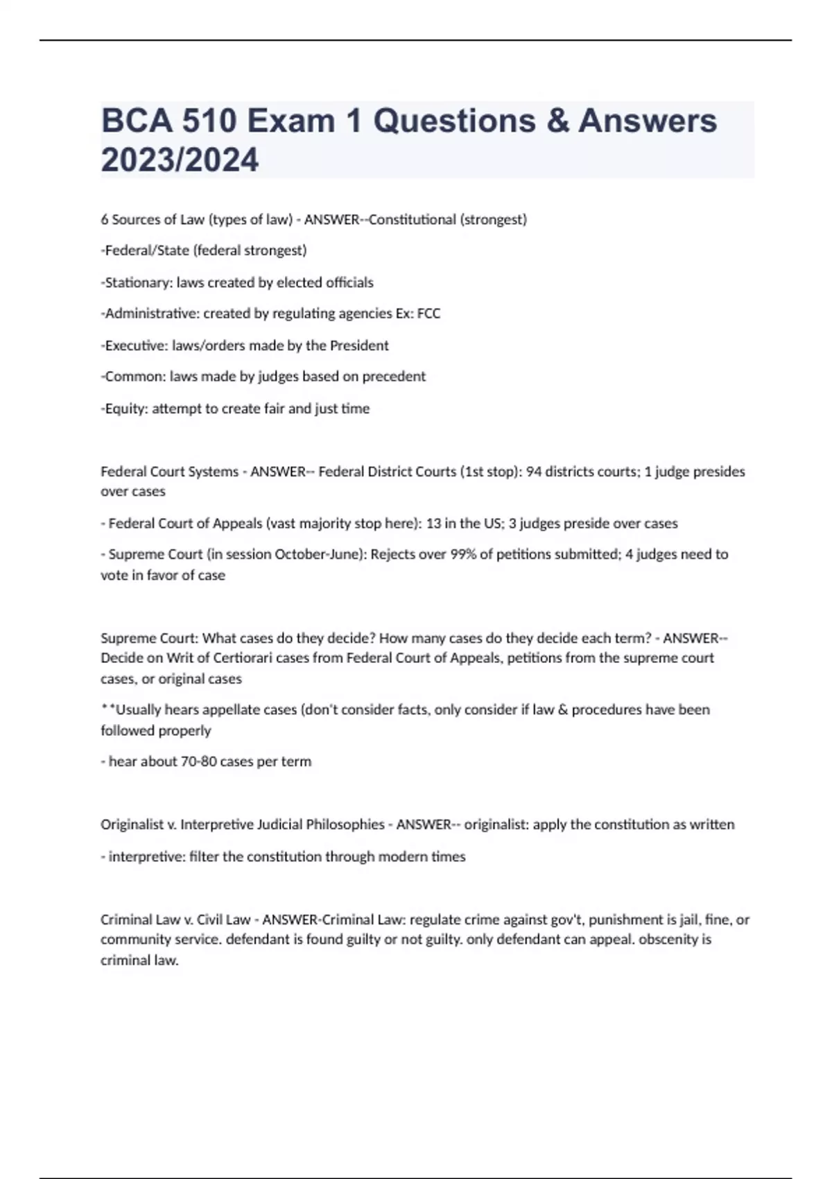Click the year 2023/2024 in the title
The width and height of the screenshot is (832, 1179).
pyautogui.click(x=180, y=160)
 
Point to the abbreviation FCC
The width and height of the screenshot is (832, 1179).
pyautogui.click(x=428, y=313)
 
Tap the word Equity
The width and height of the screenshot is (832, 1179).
pyautogui.click(x=125, y=408)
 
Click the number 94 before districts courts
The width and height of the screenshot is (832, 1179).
pyautogui.click(x=534, y=472)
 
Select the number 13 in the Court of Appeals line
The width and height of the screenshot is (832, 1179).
pyautogui.click(x=433, y=524)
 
